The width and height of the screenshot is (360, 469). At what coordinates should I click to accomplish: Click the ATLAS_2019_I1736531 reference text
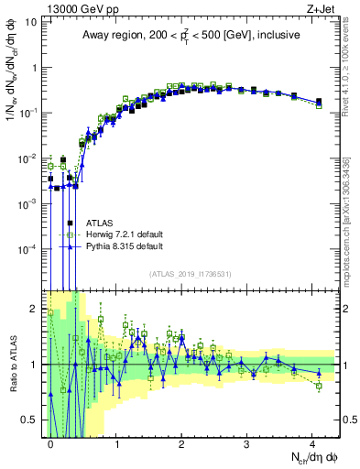pos(192,274)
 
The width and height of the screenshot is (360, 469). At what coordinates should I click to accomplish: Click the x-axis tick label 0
pos(51,442)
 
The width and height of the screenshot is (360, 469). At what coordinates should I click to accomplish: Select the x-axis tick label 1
pos(116,442)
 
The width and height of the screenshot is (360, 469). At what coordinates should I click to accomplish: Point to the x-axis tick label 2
pos(181,442)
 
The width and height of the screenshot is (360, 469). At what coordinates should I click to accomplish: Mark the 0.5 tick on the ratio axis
pos(31,420)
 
